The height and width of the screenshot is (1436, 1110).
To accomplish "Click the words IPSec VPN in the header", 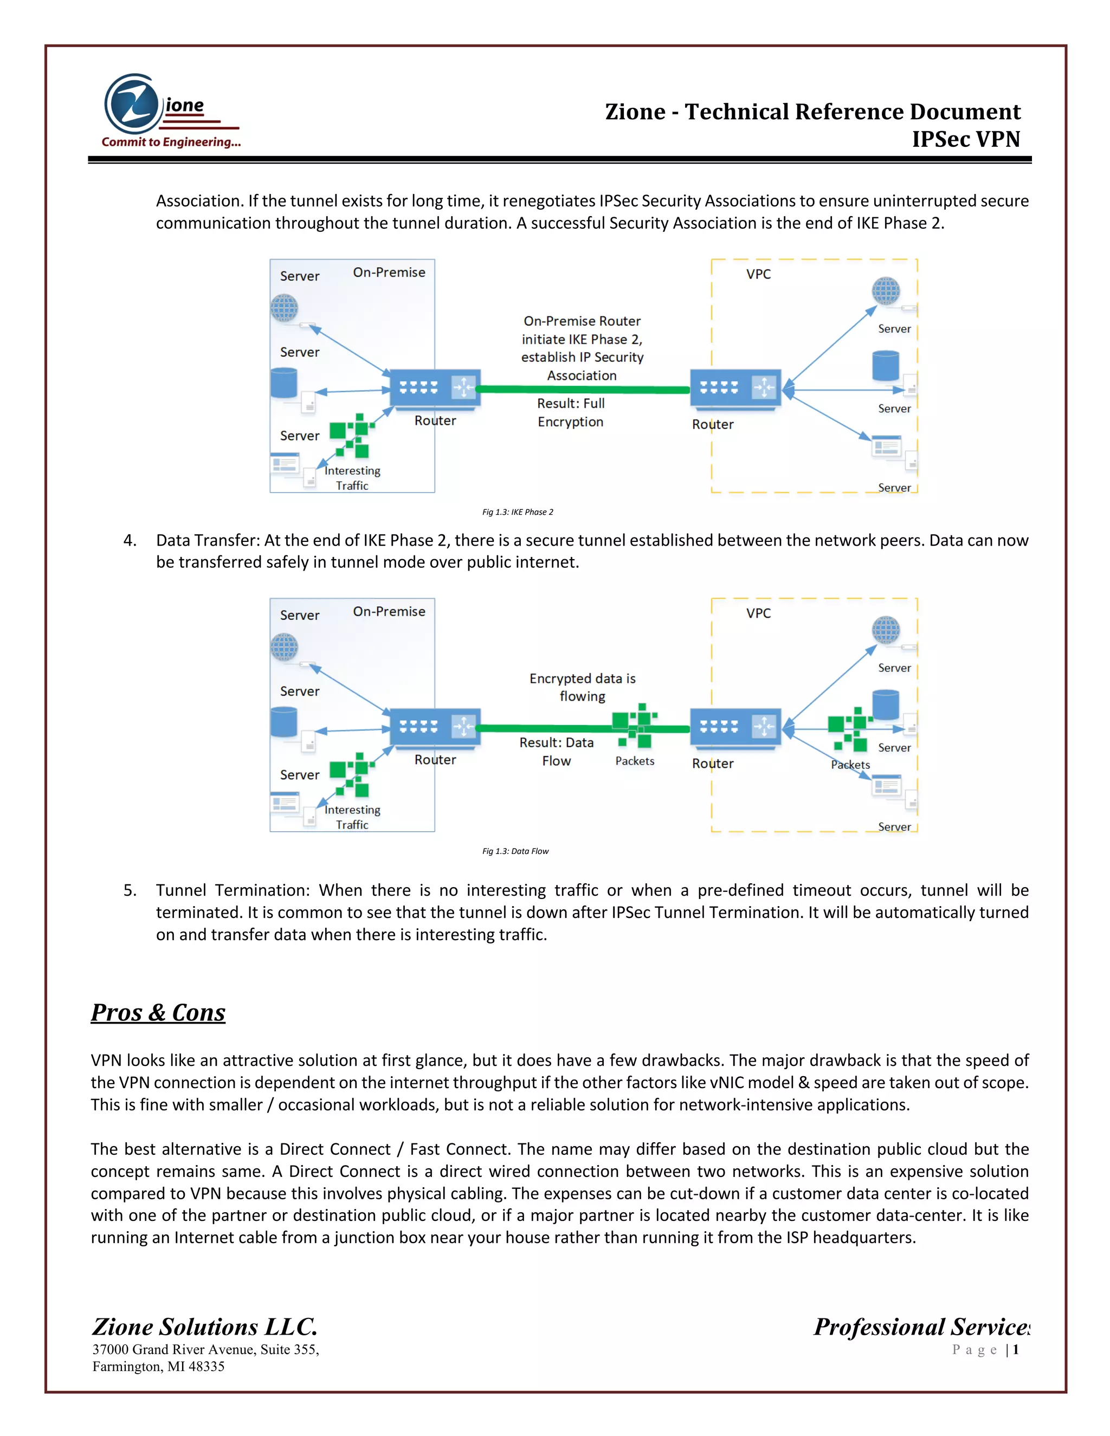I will coord(965,139).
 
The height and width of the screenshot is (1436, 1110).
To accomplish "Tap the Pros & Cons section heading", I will coord(158,1013).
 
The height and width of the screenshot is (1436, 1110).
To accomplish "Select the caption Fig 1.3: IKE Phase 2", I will coord(518,512).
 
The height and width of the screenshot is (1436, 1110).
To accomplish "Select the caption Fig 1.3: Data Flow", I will coord(515,851).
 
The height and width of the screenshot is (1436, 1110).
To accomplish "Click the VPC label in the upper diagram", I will coord(758,274).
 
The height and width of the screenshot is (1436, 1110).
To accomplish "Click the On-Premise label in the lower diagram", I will coord(389,611).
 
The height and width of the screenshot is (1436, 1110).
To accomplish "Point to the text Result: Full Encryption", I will coord(571,412).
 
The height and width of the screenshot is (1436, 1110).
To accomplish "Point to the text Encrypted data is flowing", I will coord(582,687).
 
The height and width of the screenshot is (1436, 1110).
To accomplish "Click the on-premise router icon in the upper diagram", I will coord(435,388).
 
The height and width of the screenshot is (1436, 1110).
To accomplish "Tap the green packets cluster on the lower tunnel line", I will coord(635,725).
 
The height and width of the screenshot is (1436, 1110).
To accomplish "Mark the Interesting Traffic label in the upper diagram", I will coord(352,478).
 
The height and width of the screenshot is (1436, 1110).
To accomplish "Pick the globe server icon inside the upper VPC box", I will coord(886,290).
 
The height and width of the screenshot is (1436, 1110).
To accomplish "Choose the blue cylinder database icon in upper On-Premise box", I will coord(284,383).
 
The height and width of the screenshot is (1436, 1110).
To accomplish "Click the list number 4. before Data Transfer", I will coord(130,540).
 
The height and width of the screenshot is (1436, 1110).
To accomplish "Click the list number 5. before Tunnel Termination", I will coord(130,890).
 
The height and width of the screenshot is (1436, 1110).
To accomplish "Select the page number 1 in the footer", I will coord(1016,1350).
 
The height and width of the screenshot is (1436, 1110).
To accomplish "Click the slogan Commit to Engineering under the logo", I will coord(171,142).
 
